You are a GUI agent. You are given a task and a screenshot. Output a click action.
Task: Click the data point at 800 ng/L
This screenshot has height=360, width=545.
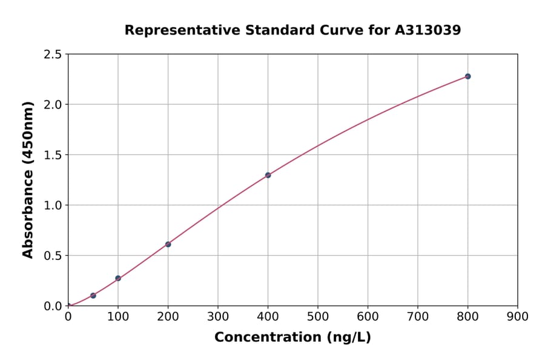pos(467,76)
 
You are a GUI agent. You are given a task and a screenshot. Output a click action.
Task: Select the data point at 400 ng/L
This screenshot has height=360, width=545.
pos(268,175)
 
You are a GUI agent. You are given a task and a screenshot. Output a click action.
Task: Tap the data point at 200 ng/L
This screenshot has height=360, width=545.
pos(168,244)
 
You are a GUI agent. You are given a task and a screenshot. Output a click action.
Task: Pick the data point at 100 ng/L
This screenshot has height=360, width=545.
pos(118,278)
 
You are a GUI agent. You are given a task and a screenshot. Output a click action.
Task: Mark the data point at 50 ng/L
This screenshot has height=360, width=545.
pos(93,296)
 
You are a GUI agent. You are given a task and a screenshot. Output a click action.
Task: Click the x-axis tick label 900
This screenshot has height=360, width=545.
pos(517,316)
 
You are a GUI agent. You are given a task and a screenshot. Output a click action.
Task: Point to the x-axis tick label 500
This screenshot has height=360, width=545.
pos(317,316)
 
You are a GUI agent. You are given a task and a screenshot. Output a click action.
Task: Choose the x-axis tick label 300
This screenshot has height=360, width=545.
pos(217,316)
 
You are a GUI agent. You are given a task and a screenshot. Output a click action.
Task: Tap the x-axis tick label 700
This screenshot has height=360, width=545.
pos(417,316)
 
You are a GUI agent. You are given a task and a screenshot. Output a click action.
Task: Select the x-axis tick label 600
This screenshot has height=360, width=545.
pos(368,316)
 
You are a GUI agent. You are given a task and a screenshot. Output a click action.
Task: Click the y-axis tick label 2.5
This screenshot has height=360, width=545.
pos(53,55)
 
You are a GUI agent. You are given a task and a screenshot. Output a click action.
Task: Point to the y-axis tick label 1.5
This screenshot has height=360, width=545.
pos(53,155)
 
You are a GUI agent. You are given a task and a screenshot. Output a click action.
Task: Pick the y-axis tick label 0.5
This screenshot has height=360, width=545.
pos(53,256)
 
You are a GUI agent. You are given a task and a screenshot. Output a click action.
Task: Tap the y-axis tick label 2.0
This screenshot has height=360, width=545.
pos(53,105)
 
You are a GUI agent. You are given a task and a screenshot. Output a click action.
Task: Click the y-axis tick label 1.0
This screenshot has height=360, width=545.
pos(53,205)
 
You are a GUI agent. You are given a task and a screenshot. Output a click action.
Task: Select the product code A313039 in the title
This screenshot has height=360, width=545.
pos(428,30)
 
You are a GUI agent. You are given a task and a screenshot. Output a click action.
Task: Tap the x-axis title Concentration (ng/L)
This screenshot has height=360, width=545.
pos(292,337)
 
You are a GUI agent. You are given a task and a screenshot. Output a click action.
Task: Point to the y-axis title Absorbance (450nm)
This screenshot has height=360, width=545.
pos(28,179)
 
